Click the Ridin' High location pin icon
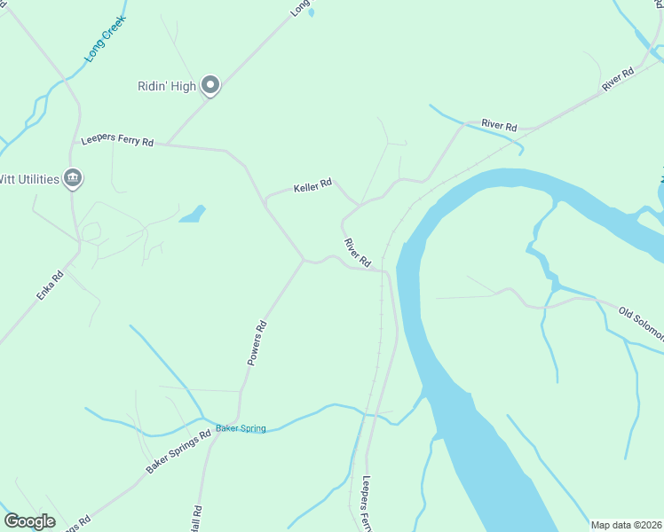(x=210, y=85)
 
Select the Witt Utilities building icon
(x=74, y=179)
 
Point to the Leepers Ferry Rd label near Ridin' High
(x=117, y=141)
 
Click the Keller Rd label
(x=312, y=186)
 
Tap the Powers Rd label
(x=257, y=342)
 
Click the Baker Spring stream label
(x=241, y=429)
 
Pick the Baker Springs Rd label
(x=178, y=450)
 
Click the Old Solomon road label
(x=641, y=323)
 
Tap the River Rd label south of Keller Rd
(x=357, y=253)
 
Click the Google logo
(x=30, y=521)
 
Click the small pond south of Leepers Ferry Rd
(x=192, y=215)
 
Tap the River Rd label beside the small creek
(x=499, y=125)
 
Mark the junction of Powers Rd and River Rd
(x=304, y=261)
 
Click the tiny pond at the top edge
(x=310, y=12)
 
